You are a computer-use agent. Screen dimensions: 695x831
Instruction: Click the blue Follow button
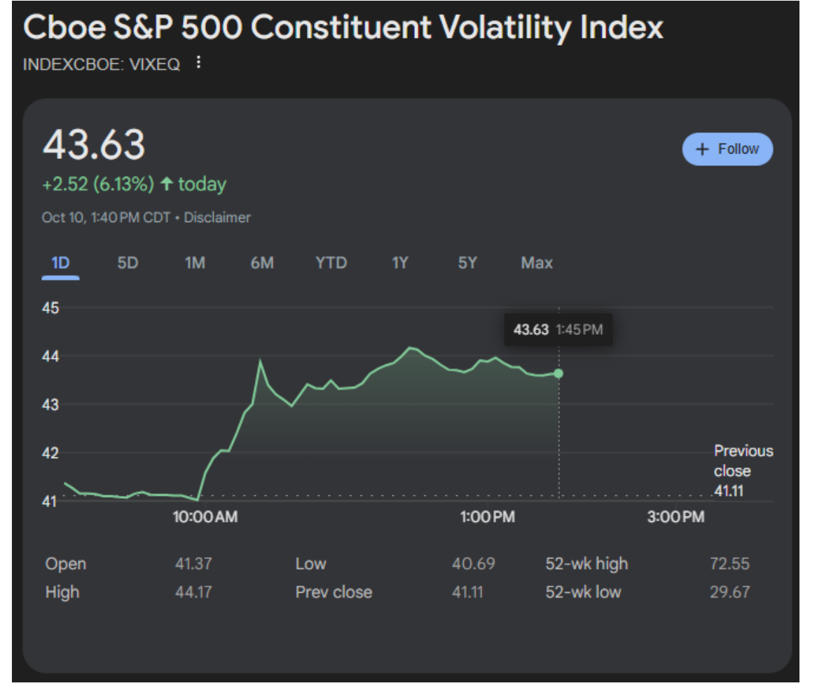coord(727,149)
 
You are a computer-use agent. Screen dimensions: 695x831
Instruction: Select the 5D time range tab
coord(128,263)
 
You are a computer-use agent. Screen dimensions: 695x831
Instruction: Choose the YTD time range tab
coord(331,263)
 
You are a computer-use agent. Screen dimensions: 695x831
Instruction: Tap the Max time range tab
coord(537,263)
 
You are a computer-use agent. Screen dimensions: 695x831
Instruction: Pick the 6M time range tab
coord(262,263)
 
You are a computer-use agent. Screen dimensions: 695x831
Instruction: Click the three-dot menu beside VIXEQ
coord(198,64)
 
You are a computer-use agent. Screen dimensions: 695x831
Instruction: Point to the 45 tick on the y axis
coord(50,308)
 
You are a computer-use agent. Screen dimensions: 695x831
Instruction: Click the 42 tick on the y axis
coord(50,453)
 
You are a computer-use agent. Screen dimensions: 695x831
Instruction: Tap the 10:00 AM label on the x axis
coord(205,518)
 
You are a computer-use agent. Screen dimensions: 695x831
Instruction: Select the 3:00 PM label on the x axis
coord(675,518)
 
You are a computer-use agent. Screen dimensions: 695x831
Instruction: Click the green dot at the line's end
coord(558,373)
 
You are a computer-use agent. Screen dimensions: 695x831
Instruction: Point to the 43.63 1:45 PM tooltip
coord(558,329)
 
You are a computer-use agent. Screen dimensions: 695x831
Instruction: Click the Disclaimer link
coord(217,218)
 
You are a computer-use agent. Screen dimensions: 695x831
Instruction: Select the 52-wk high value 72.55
coord(729,564)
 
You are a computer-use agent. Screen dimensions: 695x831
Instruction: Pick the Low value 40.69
coord(474,564)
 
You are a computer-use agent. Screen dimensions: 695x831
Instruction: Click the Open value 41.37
coord(193,564)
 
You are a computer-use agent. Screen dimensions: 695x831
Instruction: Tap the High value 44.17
coord(193,592)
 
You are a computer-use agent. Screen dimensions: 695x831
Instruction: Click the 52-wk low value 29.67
coord(729,592)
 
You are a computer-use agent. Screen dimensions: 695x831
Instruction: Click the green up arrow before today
coord(166,184)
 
